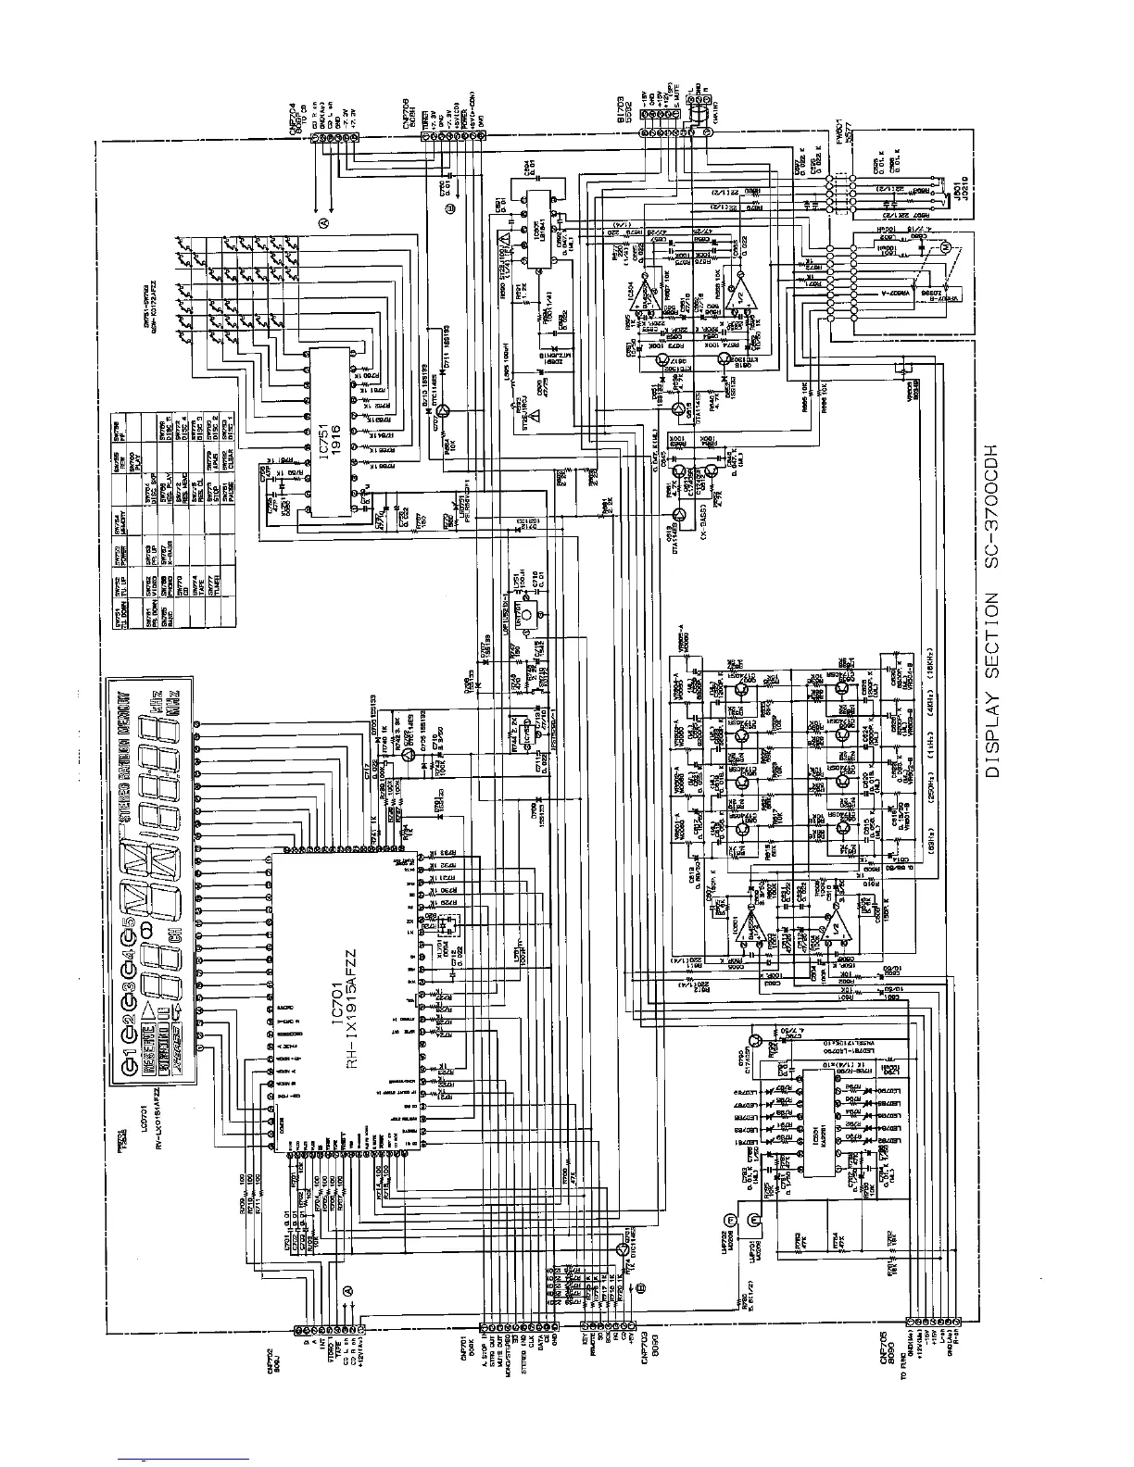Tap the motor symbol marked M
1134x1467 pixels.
pyautogui.click(x=946, y=247)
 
